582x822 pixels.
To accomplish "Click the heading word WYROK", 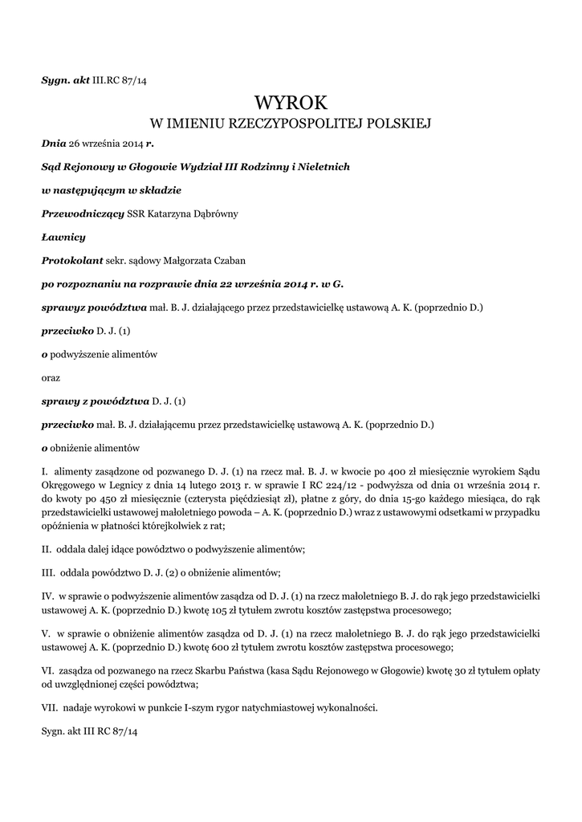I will point(291,102).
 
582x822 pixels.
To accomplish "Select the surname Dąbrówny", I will point(214,214).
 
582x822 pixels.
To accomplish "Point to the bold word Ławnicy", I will point(63,237).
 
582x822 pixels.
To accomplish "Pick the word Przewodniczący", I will point(82,214).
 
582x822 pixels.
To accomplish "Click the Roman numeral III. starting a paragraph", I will point(49,572).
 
